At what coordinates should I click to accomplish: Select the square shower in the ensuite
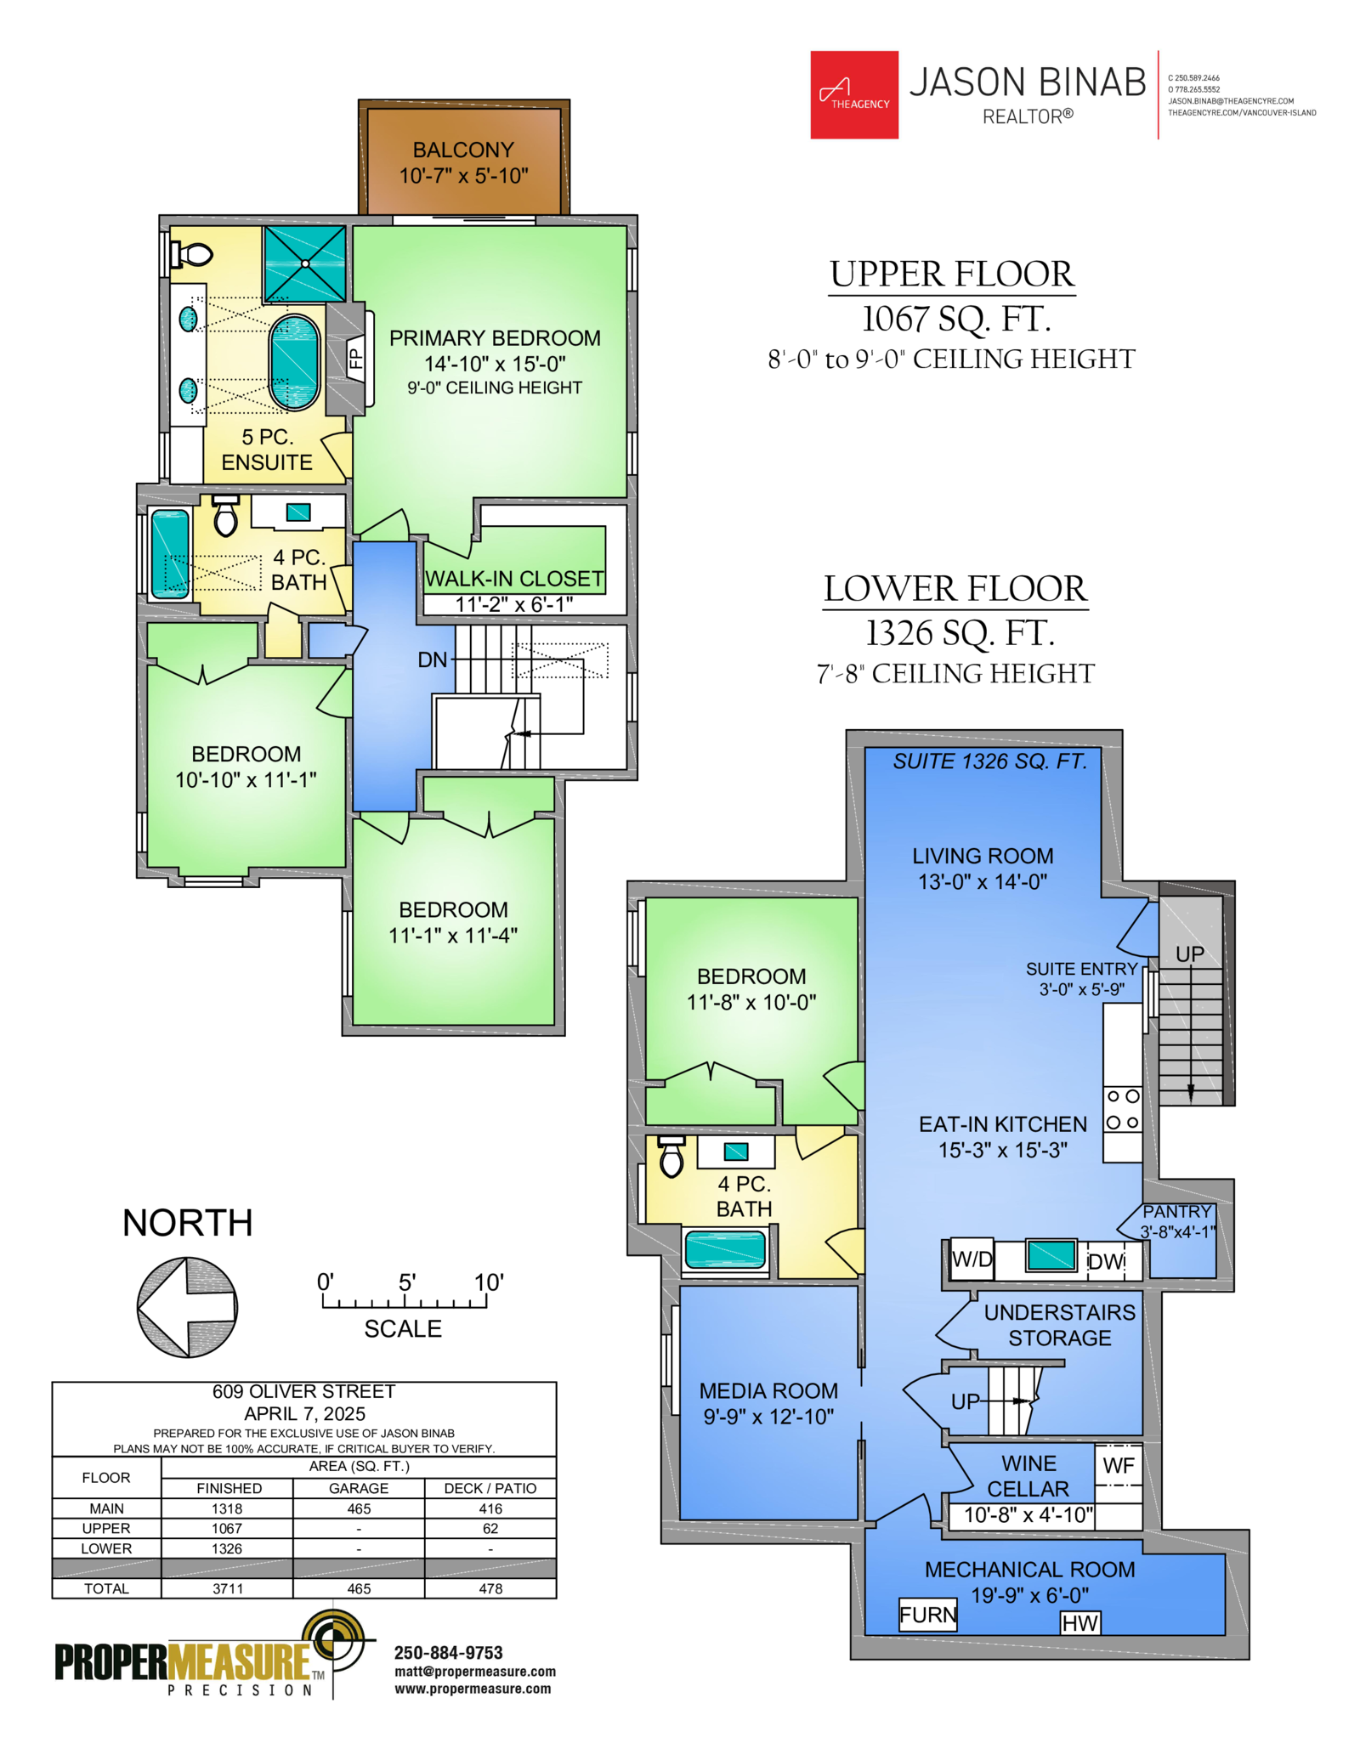304,263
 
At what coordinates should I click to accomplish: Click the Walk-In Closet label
514,579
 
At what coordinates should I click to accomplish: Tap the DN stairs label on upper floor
432,659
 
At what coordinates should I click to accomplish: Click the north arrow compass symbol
187,1307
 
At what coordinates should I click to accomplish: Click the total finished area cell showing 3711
227,1588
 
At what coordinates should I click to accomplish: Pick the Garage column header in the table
359,1488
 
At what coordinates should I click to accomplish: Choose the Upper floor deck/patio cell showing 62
490,1528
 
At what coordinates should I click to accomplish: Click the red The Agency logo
854,94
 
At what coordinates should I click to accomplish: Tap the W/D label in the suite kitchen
972,1259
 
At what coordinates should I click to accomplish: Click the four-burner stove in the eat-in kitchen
1122,1110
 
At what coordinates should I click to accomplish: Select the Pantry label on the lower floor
1176,1211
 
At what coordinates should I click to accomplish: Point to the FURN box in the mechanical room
928,1615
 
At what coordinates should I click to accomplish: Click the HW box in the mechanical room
1080,1623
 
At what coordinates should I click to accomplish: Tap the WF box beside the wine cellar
1119,1465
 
